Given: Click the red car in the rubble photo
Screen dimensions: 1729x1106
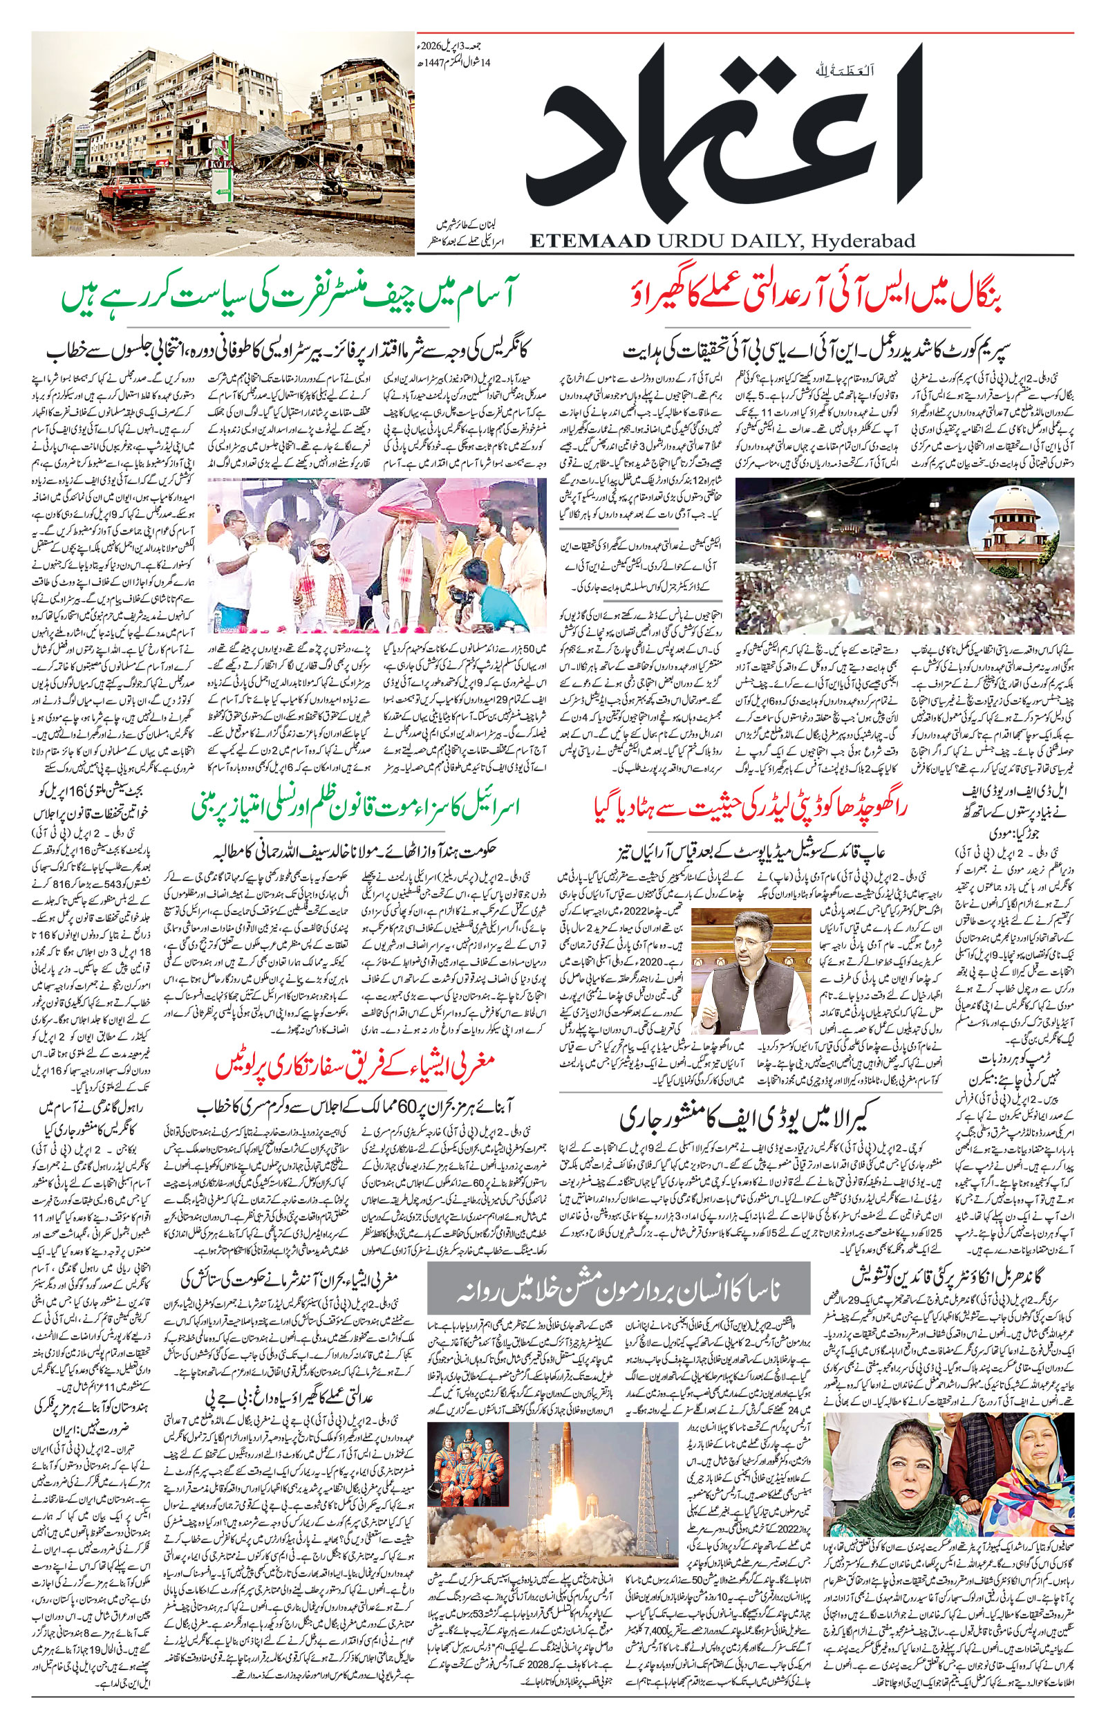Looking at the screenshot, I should [127, 190].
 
